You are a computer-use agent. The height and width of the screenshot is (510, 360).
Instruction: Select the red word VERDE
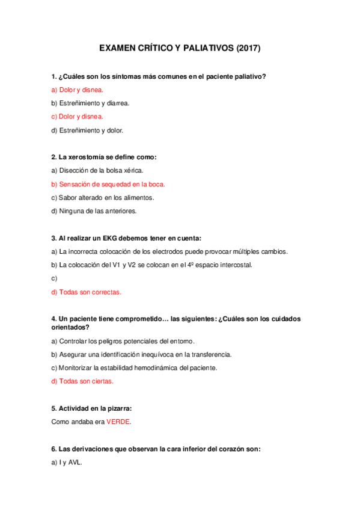pos(118,422)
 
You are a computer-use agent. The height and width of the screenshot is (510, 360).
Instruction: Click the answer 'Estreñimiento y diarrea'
pos(90,103)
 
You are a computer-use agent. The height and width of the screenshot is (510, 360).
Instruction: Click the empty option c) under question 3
pos(54,278)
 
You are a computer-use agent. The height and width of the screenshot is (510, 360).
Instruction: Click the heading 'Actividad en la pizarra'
pos(91,408)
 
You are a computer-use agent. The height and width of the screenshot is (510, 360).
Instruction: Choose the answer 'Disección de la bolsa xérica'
pos(97,170)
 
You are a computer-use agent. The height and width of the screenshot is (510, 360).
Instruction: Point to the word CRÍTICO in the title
pos(147,48)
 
